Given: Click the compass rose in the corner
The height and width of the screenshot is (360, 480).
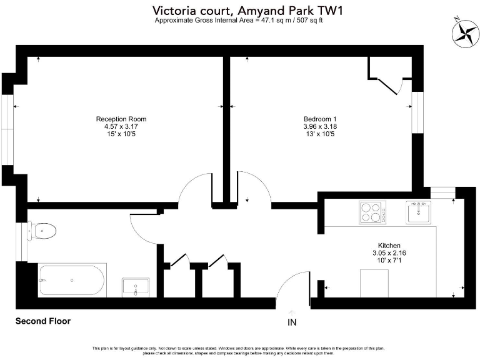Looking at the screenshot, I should coord(464,32).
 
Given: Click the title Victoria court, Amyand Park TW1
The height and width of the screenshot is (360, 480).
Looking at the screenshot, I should coord(239,11).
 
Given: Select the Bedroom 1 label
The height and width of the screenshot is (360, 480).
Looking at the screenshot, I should coord(320,119).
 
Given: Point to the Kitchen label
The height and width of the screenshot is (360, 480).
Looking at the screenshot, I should coord(389,246).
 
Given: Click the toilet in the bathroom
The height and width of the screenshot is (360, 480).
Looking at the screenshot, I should coord(44,231).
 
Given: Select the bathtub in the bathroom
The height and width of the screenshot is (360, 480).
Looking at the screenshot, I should coord(72,279).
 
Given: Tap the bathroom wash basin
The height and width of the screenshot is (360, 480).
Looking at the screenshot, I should coord(135,287).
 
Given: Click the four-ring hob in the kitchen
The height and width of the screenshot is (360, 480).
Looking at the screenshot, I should coord(372,212).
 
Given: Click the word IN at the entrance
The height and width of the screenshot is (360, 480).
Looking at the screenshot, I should coord(292,322).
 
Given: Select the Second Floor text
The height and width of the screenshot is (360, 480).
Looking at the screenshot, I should coord(42,321).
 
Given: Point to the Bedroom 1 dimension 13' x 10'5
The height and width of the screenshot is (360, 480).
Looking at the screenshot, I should coord(320,134).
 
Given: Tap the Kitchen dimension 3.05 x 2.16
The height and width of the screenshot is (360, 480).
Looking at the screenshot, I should coord(389,253).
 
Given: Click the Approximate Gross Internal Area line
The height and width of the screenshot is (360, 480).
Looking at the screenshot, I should coord(239,20).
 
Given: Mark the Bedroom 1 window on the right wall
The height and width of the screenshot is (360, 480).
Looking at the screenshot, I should coord(417,112).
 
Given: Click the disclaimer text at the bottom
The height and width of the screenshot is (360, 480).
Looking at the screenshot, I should coord(239,350).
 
